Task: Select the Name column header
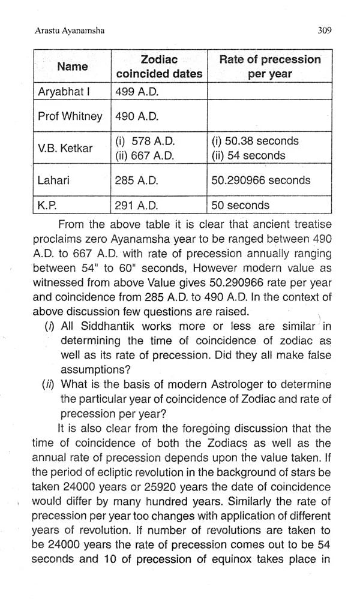point(72,67)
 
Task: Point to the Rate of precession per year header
point(269,67)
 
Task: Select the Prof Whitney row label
point(70,116)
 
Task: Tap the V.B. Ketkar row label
point(65,148)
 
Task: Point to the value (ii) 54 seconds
point(248,156)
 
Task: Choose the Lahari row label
point(53,180)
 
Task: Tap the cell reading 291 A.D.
point(137,205)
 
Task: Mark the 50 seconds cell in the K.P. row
point(240,205)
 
